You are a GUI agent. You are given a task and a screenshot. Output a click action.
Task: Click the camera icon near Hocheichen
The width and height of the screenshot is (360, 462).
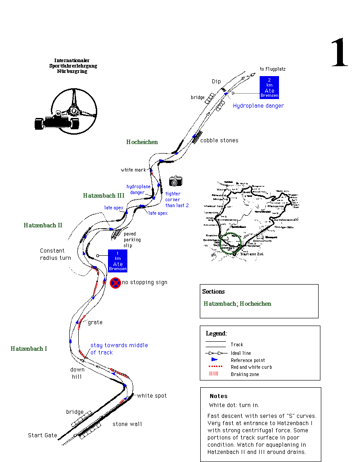point(175,181)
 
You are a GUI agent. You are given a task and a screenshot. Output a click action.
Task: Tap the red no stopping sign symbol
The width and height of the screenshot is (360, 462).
point(115,283)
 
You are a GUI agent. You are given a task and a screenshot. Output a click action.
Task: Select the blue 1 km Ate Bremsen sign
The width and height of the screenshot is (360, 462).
point(117,261)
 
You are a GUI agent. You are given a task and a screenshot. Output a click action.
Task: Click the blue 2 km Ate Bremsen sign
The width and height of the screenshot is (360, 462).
point(269,87)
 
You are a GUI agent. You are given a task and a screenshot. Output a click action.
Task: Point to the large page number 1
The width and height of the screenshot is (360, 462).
point(339,53)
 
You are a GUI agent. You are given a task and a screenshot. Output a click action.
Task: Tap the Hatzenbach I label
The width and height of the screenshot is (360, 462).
point(29,349)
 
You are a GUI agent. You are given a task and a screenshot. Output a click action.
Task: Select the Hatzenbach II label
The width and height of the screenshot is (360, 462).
point(43,225)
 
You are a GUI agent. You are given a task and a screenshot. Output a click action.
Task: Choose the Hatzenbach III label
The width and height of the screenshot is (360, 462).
point(103,195)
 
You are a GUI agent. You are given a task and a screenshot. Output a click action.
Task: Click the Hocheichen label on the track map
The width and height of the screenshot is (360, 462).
point(142,142)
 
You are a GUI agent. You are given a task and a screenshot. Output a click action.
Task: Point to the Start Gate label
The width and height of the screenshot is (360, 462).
point(42,435)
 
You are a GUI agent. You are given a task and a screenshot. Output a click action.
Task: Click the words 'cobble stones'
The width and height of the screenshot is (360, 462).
point(219,140)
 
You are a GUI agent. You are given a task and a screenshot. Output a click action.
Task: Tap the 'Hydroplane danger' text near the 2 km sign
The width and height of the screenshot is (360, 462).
point(258,106)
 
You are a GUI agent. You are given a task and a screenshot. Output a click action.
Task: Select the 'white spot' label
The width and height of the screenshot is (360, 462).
point(152,396)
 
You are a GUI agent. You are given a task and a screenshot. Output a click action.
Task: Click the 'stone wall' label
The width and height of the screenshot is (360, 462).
point(127,424)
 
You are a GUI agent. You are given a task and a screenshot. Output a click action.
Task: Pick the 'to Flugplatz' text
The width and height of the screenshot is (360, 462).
point(273,69)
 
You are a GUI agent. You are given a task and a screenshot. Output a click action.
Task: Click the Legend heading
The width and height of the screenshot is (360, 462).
point(216,334)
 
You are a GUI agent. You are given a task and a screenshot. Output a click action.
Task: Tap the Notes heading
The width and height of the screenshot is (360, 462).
point(219,396)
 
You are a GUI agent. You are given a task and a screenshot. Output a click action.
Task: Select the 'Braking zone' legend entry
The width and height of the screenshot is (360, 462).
point(245,374)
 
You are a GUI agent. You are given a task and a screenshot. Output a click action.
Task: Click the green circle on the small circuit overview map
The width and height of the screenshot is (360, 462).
point(233,244)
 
